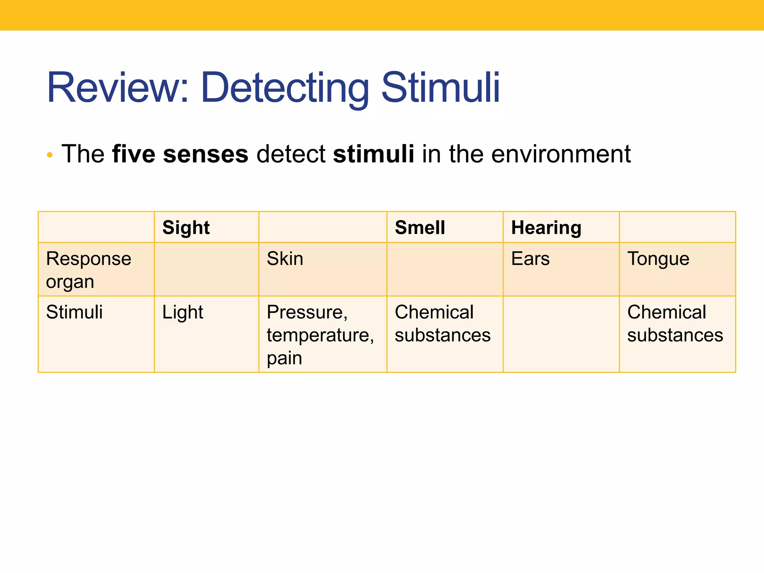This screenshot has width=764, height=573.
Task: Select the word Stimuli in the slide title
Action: (440, 88)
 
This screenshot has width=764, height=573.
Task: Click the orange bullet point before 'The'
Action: (50, 155)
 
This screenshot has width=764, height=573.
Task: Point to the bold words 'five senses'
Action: (180, 154)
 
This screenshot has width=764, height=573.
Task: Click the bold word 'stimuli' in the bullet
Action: (373, 154)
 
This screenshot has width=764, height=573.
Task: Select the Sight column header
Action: (186, 228)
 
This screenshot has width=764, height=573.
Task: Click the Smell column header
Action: (420, 228)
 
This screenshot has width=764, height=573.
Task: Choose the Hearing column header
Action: (546, 228)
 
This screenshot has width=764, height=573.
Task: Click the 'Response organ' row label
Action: (88, 270)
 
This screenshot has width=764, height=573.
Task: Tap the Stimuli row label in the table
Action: (74, 312)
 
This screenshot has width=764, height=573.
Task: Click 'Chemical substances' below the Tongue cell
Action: (675, 323)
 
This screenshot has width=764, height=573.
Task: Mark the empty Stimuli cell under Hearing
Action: (561, 334)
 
